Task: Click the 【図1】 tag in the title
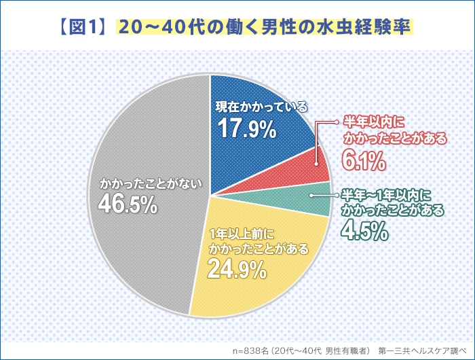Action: coord(85,27)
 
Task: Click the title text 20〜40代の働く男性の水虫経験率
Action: coord(265,27)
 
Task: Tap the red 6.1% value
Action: coord(365,160)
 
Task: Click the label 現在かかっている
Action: coord(261,107)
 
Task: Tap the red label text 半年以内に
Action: coord(373,122)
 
